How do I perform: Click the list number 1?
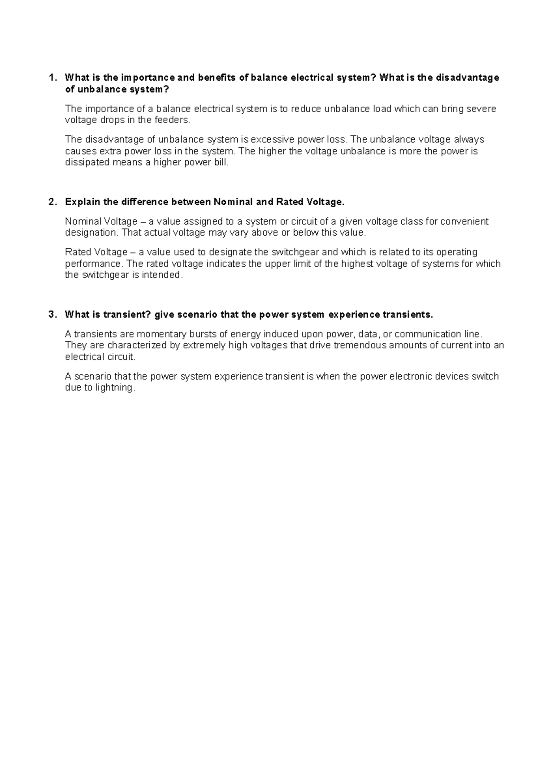click(52, 78)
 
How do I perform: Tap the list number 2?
click(52, 202)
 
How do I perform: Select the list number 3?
click(52, 315)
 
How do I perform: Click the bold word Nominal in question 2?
click(233, 202)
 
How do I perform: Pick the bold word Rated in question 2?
click(290, 202)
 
